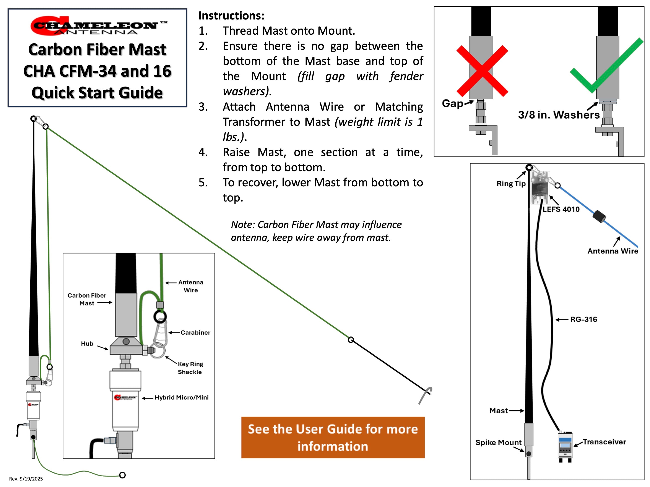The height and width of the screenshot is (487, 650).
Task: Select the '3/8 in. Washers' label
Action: [x=559, y=115]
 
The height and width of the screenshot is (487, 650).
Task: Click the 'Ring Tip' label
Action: [x=511, y=184]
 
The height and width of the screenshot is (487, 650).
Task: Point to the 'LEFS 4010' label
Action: [x=561, y=209]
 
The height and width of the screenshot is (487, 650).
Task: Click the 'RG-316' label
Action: [x=583, y=319]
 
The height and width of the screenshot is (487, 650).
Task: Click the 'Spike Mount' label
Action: [x=498, y=442]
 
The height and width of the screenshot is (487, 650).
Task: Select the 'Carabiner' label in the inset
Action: [x=195, y=333]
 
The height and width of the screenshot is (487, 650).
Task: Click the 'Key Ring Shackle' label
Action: [x=190, y=368]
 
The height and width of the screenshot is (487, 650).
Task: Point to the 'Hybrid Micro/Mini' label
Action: [x=182, y=397]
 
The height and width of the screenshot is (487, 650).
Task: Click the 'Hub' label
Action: [x=87, y=343]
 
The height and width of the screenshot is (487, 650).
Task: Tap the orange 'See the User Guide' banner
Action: [x=333, y=437]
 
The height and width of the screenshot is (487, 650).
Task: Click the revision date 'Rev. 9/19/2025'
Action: [x=26, y=479]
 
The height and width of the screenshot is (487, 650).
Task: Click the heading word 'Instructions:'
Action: [x=232, y=16]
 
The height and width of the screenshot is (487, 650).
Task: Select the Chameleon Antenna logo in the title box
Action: [x=98, y=26]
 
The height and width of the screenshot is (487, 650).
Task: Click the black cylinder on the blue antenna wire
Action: [x=599, y=217]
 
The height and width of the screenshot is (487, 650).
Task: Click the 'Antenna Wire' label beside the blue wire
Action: [x=613, y=251]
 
